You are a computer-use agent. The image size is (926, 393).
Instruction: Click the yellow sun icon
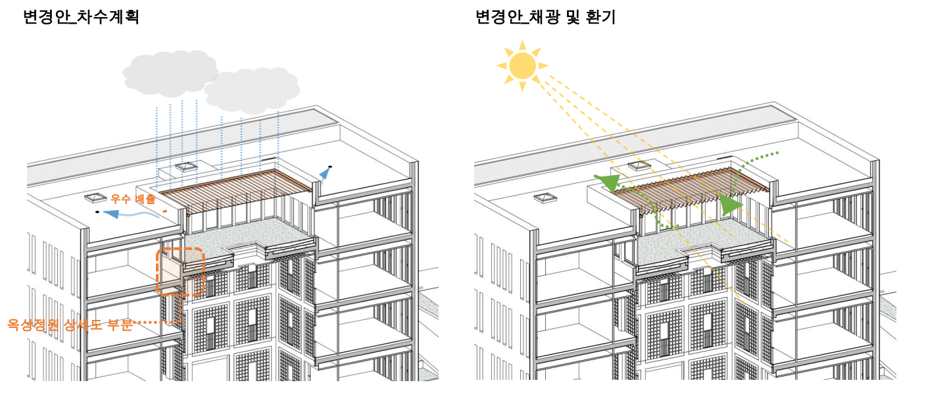(x=522, y=65)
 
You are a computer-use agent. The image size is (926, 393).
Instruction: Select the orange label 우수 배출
(x=134, y=198)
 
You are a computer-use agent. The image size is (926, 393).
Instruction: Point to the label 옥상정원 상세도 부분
(x=70, y=324)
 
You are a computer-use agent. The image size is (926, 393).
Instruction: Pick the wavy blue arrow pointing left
(x=128, y=215)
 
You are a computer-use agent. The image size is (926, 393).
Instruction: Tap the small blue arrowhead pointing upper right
(x=324, y=173)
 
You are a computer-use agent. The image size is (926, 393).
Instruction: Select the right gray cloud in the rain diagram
(x=252, y=90)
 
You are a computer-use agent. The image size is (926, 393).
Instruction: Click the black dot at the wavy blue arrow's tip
(x=97, y=213)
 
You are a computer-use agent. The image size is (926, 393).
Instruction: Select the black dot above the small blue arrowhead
(x=330, y=167)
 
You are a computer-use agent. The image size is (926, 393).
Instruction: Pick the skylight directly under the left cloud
(x=186, y=166)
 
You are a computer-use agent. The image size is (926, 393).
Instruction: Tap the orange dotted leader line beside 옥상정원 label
(x=157, y=323)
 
